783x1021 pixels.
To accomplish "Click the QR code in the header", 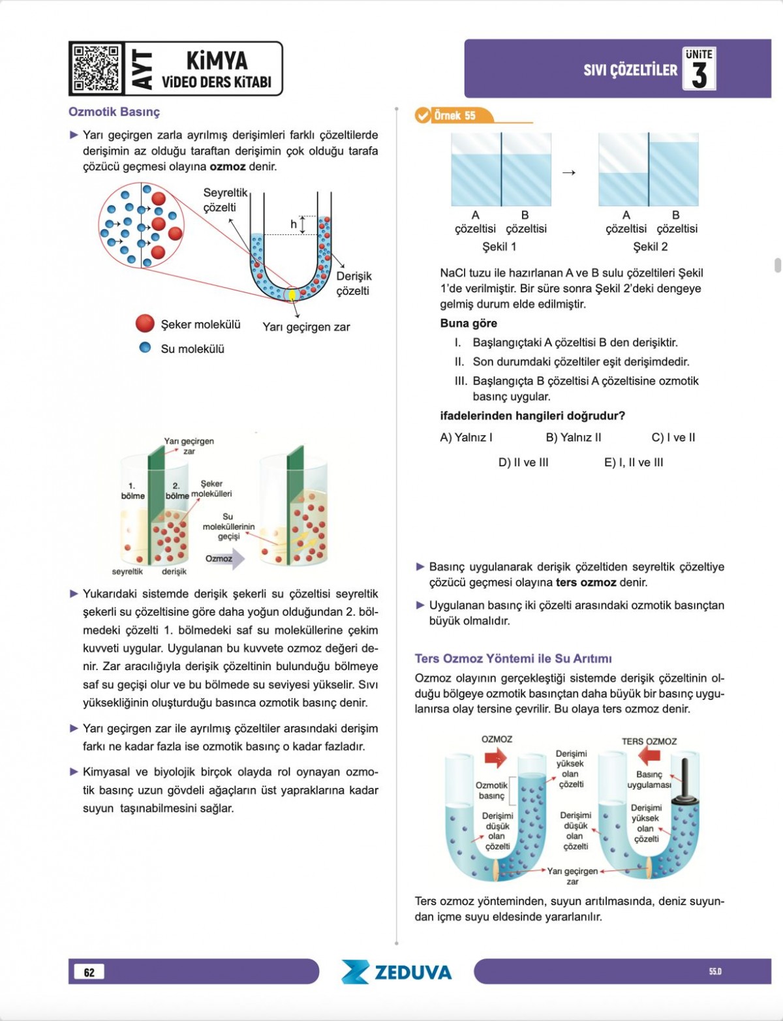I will click(96, 69).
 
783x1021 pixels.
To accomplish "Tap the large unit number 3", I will click(699, 74).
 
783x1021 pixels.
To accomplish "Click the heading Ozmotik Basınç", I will click(114, 112).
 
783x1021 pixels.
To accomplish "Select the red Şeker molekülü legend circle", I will click(145, 324).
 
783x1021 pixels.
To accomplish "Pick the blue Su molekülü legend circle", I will click(145, 348).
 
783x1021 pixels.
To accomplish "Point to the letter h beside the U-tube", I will click(294, 224).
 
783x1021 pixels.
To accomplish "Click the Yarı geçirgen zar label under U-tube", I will click(306, 327).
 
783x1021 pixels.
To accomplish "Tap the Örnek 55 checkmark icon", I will click(423, 115).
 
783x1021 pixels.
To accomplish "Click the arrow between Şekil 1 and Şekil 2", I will click(569, 172).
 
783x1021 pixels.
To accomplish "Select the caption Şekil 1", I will click(499, 247).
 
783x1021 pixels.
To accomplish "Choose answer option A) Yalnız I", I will click(466, 437).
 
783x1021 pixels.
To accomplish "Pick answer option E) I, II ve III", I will click(633, 462).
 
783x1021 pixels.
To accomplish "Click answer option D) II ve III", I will click(523, 462).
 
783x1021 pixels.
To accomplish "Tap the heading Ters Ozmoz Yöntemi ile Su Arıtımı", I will click(513, 658).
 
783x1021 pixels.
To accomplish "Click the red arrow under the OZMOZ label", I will click(496, 757).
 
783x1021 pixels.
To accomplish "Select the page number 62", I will click(89, 972).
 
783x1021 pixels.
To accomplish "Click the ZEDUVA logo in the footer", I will click(396, 972).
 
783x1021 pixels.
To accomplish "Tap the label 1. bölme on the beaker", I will click(132, 491).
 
